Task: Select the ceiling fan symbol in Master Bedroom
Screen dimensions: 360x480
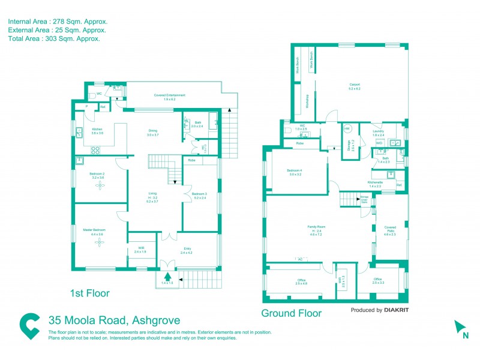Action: click(100, 242)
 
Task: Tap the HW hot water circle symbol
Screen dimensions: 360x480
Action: click(347, 129)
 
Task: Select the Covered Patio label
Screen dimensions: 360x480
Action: click(390, 229)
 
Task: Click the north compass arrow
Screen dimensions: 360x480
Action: click(461, 327)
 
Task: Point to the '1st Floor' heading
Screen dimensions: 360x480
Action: click(89, 293)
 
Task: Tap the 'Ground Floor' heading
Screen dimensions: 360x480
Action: click(291, 313)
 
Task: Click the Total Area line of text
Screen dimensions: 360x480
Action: click(54, 38)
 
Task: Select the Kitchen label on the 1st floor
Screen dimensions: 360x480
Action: click(97, 130)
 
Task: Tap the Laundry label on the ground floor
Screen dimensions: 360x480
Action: click(378, 131)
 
